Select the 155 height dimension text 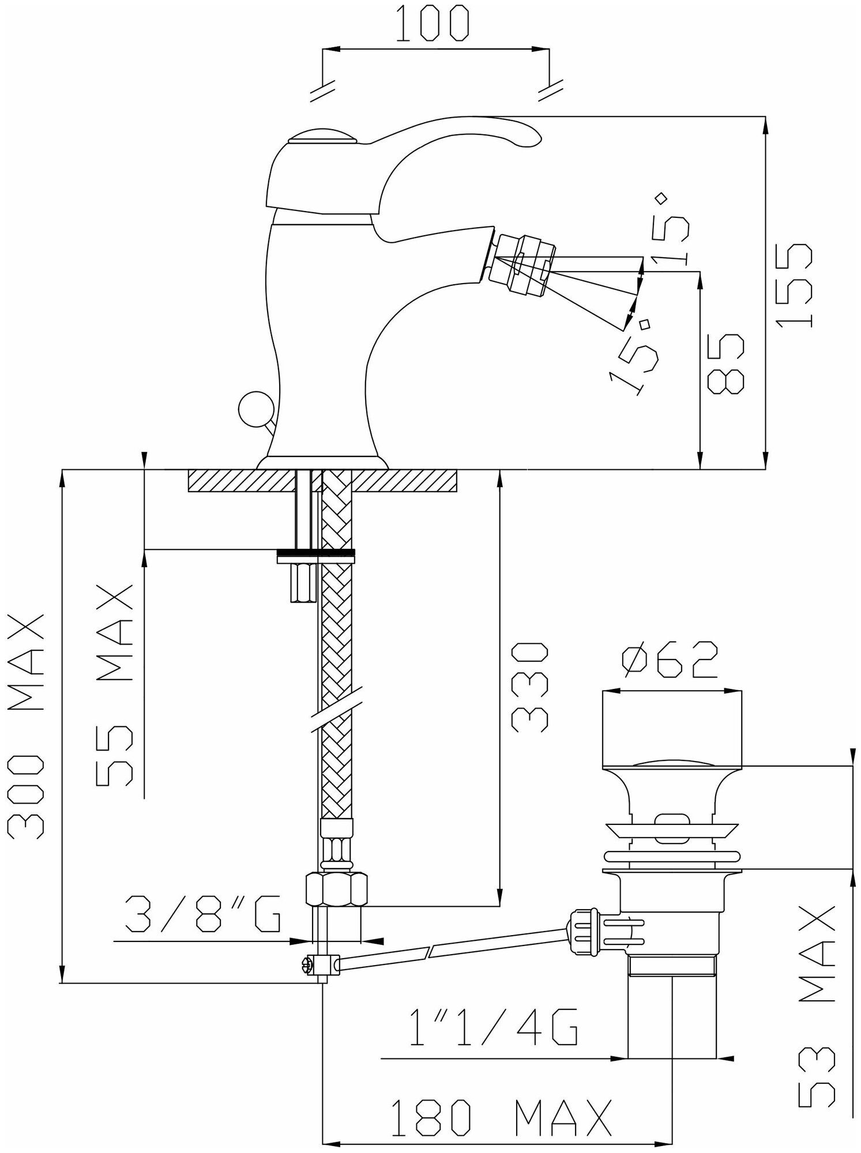pyautogui.click(x=795, y=285)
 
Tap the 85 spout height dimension pyautogui.click(x=725, y=364)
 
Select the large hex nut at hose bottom pyautogui.click(x=336, y=891)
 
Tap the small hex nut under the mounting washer pyautogui.click(x=301, y=583)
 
